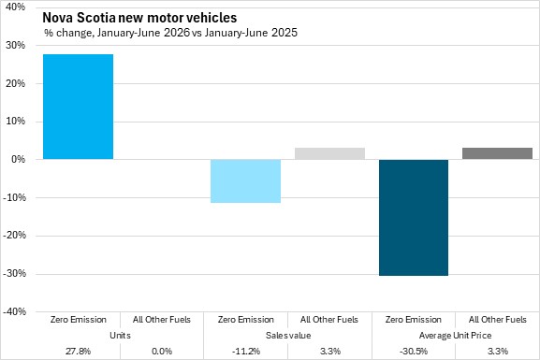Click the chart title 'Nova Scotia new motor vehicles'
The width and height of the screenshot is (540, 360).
pyautogui.click(x=139, y=18)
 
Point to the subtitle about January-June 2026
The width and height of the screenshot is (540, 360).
pyautogui.click(x=170, y=33)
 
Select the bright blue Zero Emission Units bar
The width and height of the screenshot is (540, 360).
pyautogui.click(x=79, y=107)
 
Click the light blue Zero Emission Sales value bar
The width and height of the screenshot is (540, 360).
pyautogui.click(x=245, y=181)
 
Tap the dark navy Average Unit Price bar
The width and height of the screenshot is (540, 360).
pyautogui.click(x=414, y=218)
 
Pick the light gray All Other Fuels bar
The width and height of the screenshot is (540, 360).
pyautogui.click(x=329, y=153)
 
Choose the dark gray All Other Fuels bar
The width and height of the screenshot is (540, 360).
pyautogui.click(x=497, y=153)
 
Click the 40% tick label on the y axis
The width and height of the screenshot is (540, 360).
pyautogui.click(x=16, y=7)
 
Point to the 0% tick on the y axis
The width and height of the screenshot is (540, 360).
pyautogui.click(x=19, y=159)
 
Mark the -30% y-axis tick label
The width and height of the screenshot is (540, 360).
pyautogui.click(x=14, y=274)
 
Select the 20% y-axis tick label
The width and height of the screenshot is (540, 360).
pyautogui.click(x=16, y=83)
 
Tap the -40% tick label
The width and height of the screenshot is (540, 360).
pyautogui.click(x=14, y=311)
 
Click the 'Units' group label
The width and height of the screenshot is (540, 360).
pyautogui.click(x=120, y=335)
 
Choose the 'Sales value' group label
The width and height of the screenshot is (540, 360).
pyautogui.click(x=288, y=335)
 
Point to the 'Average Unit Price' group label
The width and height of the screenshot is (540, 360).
pyautogui.click(x=455, y=335)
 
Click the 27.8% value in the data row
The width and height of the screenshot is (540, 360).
pyautogui.click(x=79, y=351)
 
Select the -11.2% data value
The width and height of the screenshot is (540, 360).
pyautogui.click(x=246, y=351)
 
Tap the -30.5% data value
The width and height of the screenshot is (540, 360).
pyautogui.click(x=414, y=351)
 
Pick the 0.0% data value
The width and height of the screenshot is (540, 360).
pyautogui.click(x=162, y=351)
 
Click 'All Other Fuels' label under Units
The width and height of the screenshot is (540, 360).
pyautogui.click(x=162, y=320)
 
